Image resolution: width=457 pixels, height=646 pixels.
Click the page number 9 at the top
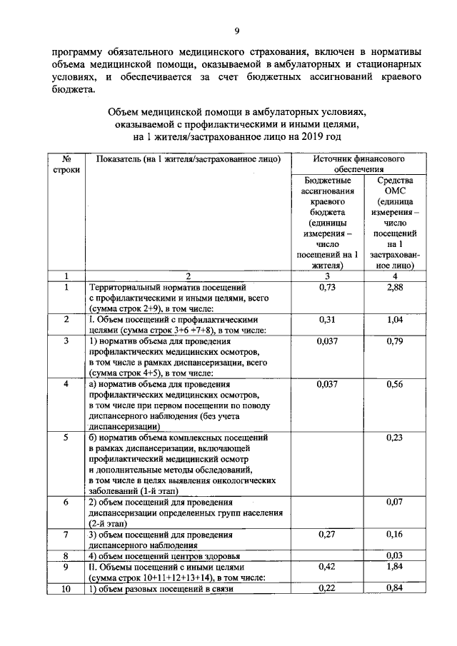pos(236,31)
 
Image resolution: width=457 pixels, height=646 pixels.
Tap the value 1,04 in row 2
pos(395,320)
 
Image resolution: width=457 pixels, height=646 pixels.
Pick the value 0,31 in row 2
pos(325,320)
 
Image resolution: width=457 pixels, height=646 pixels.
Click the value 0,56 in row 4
pos(395,385)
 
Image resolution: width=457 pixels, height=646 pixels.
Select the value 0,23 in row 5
pos(395,438)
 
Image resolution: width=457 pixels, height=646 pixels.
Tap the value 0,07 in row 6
pos(395,502)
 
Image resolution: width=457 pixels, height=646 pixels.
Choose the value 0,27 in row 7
pos(325,534)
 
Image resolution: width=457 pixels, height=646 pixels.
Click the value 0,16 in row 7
pos(395,534)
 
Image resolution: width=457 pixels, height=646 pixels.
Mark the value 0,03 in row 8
pos(395,555)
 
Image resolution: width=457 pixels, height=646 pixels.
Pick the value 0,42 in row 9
pos(325,567)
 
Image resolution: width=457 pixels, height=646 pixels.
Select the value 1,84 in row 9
pos(395,567)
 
